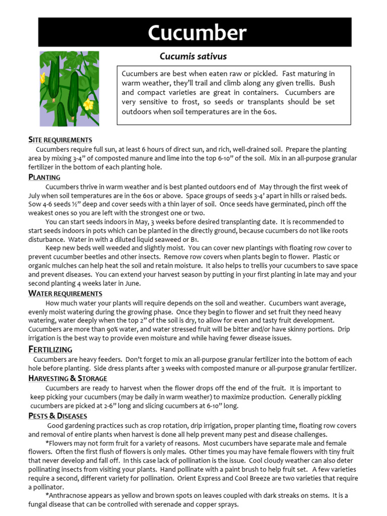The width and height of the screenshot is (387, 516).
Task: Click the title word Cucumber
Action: (x=197, y=33)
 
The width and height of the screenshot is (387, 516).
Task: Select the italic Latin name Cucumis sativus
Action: (x=193, y=56)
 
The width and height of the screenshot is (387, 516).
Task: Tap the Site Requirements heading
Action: (x=60, y=140)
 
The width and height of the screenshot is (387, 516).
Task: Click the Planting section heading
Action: (x=44, y=177)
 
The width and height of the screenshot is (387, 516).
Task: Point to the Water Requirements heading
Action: (x=65, y=293)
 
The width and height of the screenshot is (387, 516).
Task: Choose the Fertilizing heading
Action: (x=50, y=349)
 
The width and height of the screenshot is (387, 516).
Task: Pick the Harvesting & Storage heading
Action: (x=68, y=378)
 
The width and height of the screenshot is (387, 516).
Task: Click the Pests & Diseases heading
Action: (x=57, y=416)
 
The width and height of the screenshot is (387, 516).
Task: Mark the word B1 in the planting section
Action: (x=195, y=239)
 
